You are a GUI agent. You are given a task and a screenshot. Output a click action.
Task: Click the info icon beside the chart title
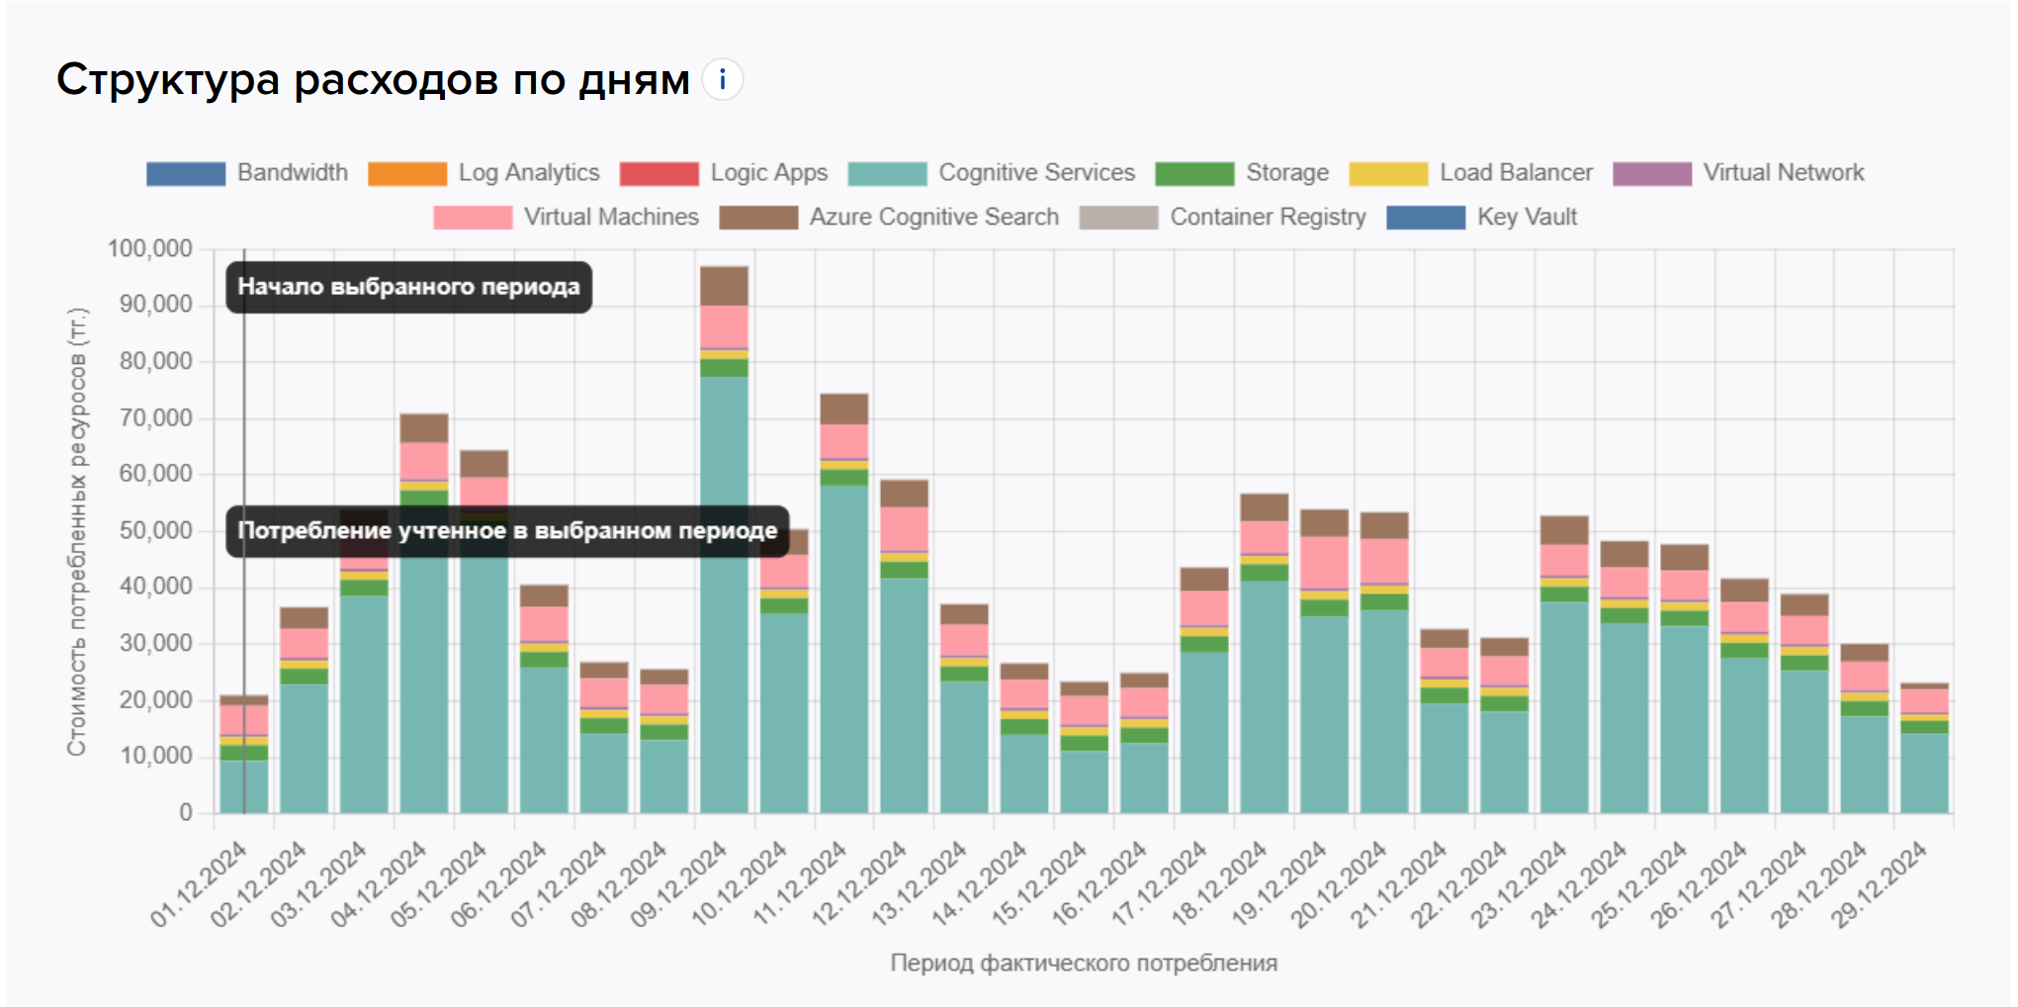coord(723,79)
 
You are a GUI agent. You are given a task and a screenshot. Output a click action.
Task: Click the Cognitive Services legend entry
coord(992,173)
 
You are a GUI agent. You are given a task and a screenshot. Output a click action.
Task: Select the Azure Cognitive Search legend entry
coord(889,218)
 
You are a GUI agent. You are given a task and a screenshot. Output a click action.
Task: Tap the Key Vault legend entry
coord(1482,218)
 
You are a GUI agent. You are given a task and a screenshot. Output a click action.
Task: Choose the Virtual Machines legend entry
coord(566,218)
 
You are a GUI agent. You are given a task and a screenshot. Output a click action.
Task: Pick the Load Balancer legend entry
coord(1471,173)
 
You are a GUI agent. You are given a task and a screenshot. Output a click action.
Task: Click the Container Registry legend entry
coord(1223,218)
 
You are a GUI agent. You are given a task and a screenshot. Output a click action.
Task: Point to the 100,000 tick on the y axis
coord(150,248)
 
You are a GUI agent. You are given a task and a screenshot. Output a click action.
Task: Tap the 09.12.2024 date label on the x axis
coord(679,883)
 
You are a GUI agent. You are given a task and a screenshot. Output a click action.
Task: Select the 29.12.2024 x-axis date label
coord(1880,883)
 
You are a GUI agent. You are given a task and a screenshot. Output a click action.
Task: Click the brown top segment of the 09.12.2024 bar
coord(724,285)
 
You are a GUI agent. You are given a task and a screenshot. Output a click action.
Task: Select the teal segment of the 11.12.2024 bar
coord(844,643)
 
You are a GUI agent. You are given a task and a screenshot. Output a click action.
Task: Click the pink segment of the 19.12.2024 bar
coord(1324,562)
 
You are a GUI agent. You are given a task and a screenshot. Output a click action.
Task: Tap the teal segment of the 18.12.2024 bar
coord(1265,692)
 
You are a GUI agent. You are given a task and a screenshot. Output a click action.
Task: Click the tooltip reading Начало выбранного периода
coord(408,287)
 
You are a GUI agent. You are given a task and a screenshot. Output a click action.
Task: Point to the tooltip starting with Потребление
coord(507,531)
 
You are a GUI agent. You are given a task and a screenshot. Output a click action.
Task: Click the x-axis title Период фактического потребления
coord(1084,962)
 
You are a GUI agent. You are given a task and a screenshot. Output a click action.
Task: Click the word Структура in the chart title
coord(167,79)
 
